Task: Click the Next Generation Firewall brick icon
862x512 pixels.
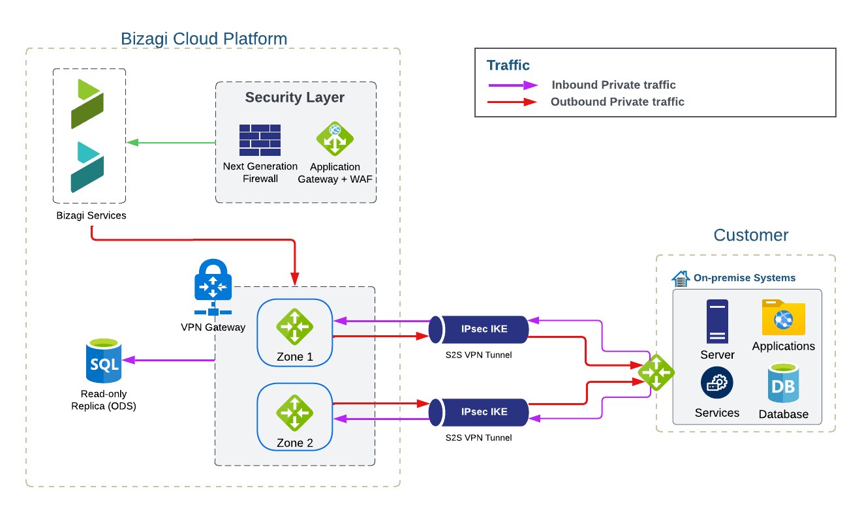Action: pos(260,140)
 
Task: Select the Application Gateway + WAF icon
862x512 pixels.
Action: pos(335,138)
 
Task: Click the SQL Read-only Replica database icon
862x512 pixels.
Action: pos(104,361)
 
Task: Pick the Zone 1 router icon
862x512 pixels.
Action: pos(294,326)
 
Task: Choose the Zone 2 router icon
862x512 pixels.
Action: pos(294,412)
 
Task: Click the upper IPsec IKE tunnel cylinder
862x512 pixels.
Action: pos(478,329)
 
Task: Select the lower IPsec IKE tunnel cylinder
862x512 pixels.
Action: pos(478,412)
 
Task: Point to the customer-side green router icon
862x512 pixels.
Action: pos(656,372)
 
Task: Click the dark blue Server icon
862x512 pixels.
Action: pos(717,322)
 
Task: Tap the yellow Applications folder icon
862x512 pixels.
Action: pos(783,318)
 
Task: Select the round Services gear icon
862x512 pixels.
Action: pos(717,383)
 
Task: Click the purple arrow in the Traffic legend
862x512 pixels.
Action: pos(513,85)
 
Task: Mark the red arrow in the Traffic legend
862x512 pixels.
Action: pos(513,102)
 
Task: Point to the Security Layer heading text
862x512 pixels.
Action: pos(295,98)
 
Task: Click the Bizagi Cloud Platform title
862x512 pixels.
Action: pos(204,38)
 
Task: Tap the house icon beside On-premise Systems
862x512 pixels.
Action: pos(681,279)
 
